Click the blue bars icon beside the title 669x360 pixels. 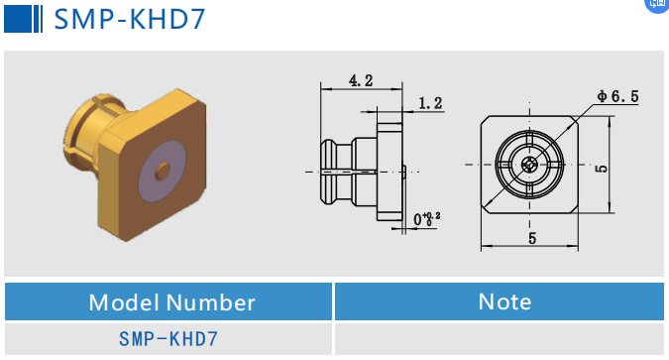(24, 18)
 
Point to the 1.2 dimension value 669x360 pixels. (430, 102)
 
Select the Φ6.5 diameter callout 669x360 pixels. (616, 96)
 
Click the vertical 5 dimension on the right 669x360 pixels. (602, 169)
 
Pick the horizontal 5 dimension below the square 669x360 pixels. (531, 238)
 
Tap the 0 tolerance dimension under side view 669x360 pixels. (426, 218)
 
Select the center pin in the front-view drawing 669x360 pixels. (531, 165)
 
